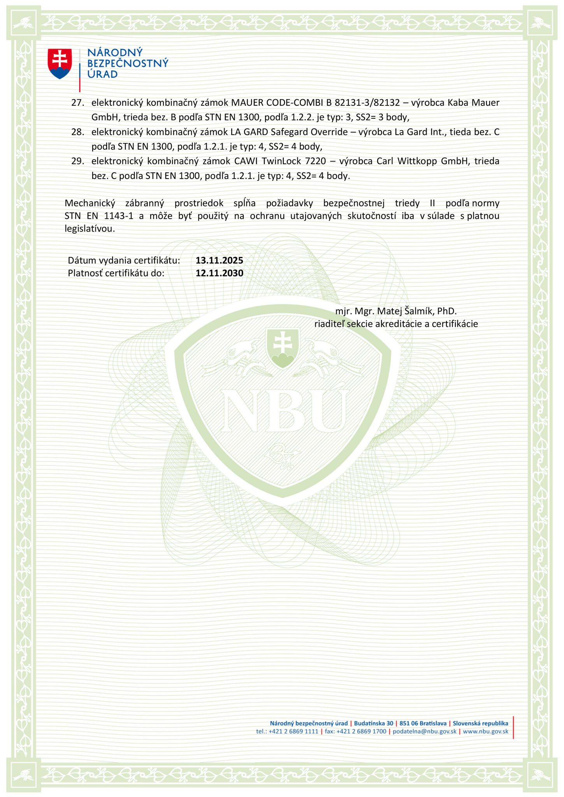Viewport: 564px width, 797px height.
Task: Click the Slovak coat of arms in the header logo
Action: (x=60, y=63)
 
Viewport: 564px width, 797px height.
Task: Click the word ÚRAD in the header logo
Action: (x=102, y=74)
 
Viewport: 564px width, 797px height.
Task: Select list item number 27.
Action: (x=78, y=103)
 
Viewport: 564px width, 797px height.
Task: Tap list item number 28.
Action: (x=78, y=132)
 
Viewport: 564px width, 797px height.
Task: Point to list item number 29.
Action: (x=78, y=161)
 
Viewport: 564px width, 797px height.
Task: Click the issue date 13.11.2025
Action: (x=220, y=260)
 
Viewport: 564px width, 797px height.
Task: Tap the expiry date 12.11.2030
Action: (x=220, y=273)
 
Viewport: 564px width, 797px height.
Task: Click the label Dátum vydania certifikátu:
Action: (x=124, y=260)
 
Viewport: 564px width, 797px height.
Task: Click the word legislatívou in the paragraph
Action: (x=90, y=229)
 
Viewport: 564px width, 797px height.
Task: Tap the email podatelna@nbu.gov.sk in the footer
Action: (x=424, y=731)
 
